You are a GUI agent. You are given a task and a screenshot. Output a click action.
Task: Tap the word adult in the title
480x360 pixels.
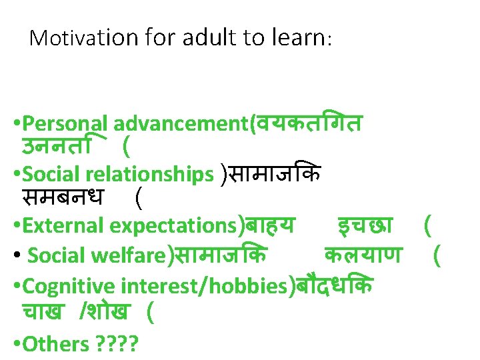coord(201,38)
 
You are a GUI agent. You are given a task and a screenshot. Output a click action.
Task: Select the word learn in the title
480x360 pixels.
coord(299,38)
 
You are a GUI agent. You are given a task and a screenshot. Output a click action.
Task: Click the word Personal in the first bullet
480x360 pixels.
coord(65,124)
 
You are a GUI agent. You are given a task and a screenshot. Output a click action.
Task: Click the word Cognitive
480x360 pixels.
coord(69,286)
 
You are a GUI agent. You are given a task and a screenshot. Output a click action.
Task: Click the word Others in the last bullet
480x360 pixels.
coord(57,344)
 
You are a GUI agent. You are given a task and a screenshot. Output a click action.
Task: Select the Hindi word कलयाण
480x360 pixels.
coord(363,255)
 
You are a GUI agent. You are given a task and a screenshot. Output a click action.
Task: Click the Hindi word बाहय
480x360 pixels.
coord(269,225)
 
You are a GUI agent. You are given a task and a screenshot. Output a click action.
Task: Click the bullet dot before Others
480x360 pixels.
coord(17,344)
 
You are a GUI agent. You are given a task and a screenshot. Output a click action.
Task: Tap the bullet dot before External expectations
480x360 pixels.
coord(17,226)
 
